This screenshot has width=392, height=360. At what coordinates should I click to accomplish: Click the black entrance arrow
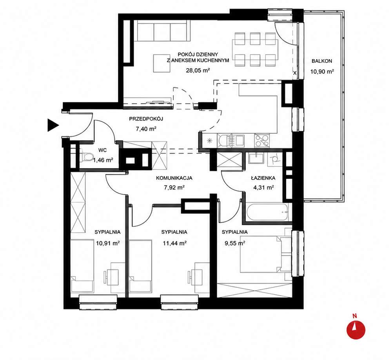point(53,125)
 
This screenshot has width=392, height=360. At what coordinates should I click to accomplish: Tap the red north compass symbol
point(356,330)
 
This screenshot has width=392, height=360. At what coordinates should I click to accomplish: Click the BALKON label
point(322,61)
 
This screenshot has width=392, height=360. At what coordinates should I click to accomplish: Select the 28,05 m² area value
point(198,70)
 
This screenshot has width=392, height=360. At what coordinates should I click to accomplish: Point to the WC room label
point(102,150)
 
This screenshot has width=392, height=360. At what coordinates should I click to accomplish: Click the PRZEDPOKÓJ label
point(146,119)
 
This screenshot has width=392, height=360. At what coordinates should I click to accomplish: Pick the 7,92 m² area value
point(174,187)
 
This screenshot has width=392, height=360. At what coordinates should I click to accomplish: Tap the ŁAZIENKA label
point(263,178)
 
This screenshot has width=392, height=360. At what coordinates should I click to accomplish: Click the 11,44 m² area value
point(175,243)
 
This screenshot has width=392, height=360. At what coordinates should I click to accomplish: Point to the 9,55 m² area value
point(235,243)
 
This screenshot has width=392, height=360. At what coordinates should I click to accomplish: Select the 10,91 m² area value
point(107,243)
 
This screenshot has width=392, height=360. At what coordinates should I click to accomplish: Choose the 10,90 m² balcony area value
point(322,71)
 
